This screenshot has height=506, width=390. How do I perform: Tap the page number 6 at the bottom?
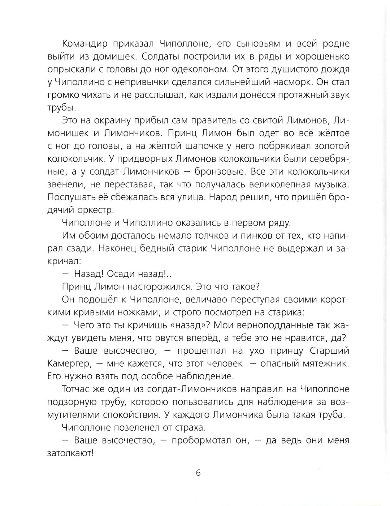(198, 473)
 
